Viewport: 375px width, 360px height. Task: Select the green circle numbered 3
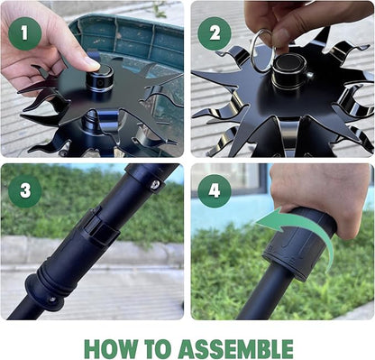pos(25,191)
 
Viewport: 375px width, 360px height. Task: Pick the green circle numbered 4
pos(215,191)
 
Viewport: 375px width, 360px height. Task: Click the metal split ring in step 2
pos(262,50)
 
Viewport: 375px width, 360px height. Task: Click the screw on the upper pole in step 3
pos(156,184)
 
